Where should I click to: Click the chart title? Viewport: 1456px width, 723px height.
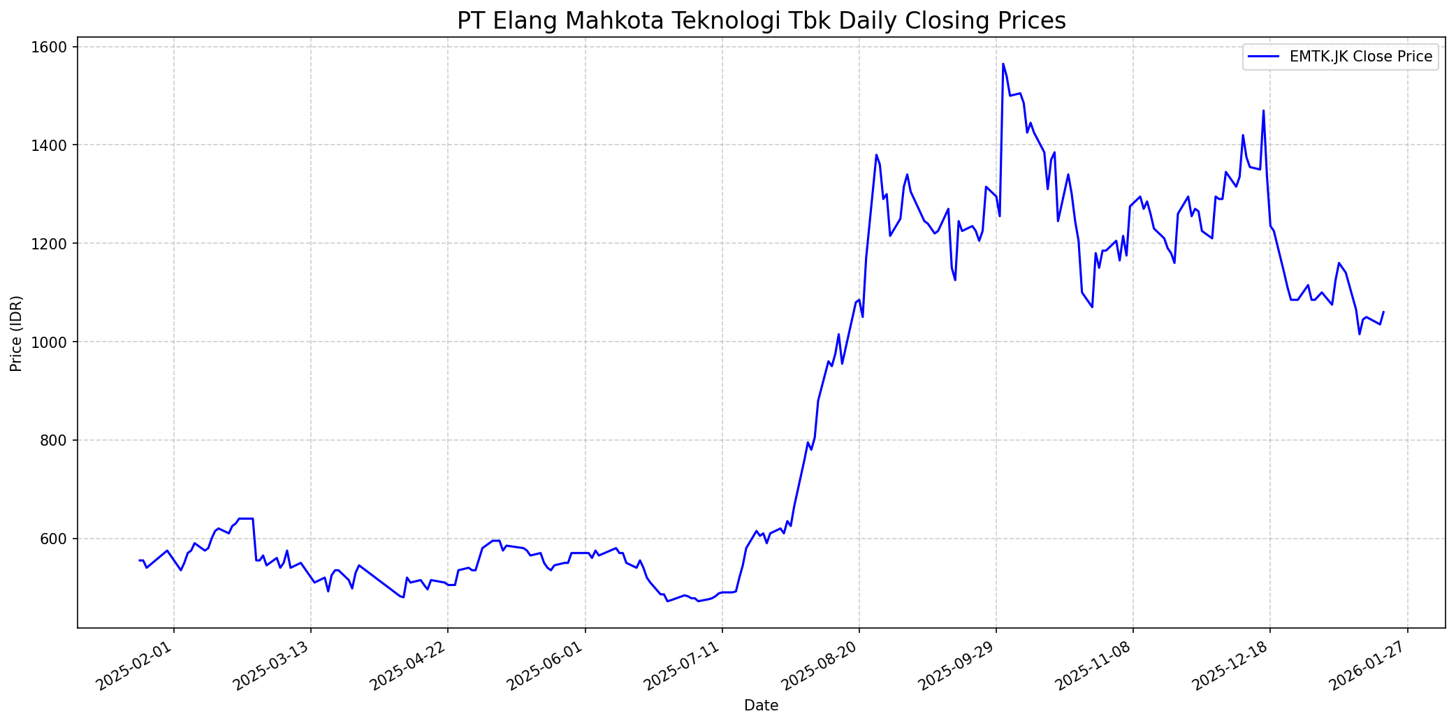(761, 21)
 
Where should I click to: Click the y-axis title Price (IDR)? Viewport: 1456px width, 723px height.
(16, 333)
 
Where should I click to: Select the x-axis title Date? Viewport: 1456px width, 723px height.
(761, 706)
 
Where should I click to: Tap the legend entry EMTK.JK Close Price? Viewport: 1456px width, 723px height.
(1361, 57)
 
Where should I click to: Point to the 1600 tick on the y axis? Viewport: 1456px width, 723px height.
(52, 48)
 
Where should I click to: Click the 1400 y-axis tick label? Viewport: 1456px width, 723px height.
(52, 145)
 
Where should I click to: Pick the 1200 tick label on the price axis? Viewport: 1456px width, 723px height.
(52, 244)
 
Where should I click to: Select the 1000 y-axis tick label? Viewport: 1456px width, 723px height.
(52, 342)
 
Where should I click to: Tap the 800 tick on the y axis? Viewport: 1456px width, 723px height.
(56, 441)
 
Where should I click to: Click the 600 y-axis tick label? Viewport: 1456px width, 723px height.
(56, 539)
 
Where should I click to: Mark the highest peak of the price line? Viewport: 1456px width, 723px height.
(1003, 64)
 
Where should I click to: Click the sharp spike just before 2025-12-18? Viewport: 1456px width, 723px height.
(1263, 110)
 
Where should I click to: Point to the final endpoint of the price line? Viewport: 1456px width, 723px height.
(1383, 312)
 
